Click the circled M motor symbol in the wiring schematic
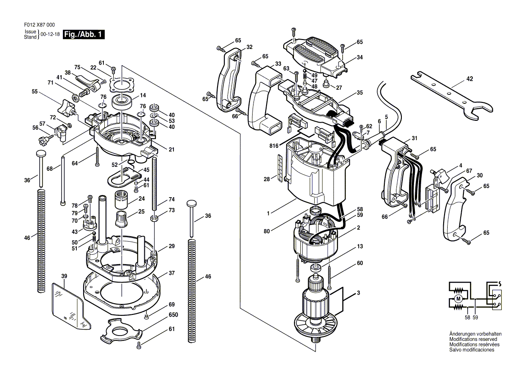[458, 298]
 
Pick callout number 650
[174, 315]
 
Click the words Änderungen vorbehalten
[476, 334]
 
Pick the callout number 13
[360, 246]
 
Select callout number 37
[172, 273]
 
